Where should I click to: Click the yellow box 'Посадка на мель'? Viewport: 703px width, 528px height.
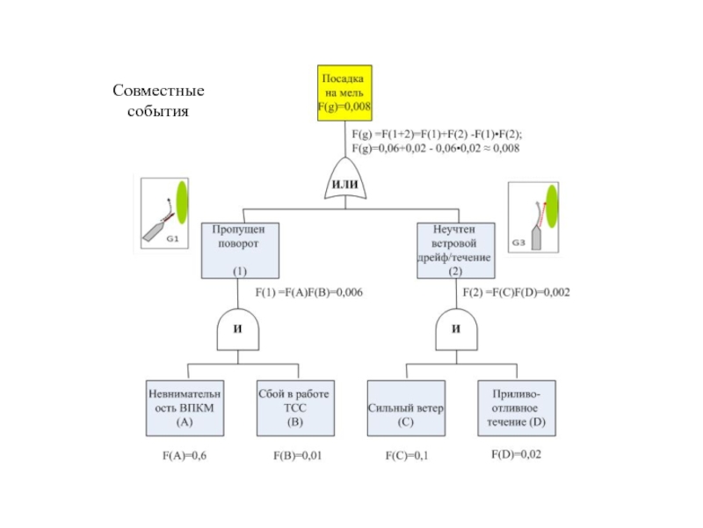[x=344, y=93]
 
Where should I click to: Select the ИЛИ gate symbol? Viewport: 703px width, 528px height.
[x=345, y=179]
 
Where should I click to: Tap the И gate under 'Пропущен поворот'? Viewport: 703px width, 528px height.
[x=237, y=329]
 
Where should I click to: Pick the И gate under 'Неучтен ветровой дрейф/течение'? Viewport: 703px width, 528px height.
[x=456, y=329]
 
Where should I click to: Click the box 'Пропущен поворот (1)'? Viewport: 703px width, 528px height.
[x=240, y=251]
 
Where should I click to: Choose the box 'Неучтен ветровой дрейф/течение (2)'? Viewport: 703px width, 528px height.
[x=456, y=251]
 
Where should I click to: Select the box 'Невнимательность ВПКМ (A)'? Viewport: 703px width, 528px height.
[x=185, y=408]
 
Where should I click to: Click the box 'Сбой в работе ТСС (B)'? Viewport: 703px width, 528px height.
[x=295, y=408]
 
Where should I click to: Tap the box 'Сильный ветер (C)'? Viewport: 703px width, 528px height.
[x=406, y=408]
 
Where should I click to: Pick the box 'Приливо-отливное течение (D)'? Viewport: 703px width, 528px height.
[x=517, y=408]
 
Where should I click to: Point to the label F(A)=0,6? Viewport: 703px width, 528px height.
[x=185, y=456]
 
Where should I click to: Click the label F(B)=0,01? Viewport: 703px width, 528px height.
[x=298, y=456]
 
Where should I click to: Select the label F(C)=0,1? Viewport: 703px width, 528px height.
[x=407, y=456]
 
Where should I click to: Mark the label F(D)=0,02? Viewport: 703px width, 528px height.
[x=517, y=454]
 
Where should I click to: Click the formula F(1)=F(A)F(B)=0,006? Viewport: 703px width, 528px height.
[x=309, y=292]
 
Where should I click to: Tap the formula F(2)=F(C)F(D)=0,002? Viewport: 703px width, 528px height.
[x=517, y=292]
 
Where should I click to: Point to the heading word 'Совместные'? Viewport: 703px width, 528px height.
[x=158, y=91]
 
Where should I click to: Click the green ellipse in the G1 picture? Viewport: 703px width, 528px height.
[x=182, y=202]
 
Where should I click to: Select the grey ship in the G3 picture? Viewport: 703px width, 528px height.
[x=536, y=238]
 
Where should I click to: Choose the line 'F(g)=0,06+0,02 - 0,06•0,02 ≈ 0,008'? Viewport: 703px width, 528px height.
[x=435, y=148]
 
